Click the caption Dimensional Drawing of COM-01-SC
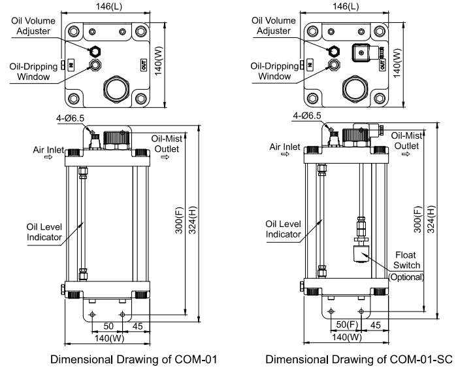pyautogui.click(x=358, y=359)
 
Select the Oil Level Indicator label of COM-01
pyautogui.click(x=44, y=232)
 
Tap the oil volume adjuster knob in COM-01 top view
pyautogui.click(x=96, y=50)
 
